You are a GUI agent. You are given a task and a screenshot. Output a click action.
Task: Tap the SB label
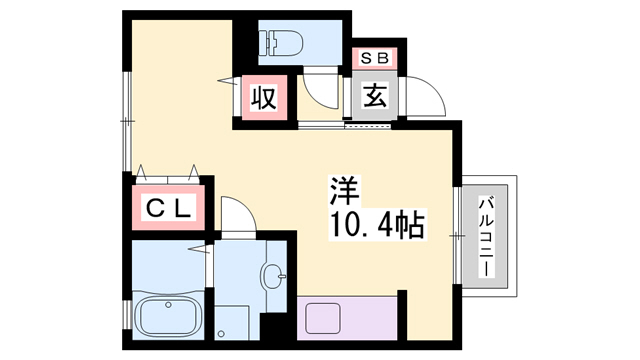(375, 59)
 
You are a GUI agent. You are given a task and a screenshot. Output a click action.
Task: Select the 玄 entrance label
(375, 98)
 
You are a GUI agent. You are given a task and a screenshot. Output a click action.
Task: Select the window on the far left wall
(127, 120)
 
